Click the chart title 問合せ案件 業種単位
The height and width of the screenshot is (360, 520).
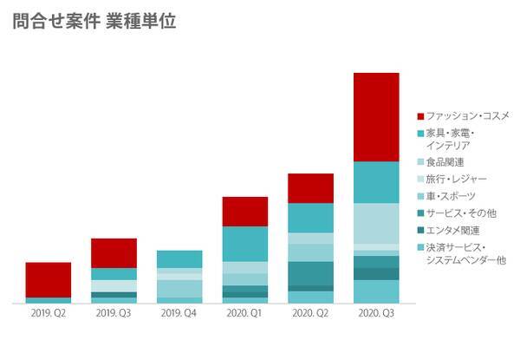[94, 22]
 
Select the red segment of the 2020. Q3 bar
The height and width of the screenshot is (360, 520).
[376, 117]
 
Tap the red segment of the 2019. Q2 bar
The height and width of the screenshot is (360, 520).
[49, 279]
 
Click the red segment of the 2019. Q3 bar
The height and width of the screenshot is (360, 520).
[114, 252]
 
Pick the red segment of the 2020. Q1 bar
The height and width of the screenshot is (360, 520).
[245, 212]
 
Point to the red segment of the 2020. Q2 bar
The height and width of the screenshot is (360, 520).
[310, 188]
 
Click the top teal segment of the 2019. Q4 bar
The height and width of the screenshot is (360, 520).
[179, 259]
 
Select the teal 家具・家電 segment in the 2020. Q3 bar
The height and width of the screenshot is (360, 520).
[376, 182]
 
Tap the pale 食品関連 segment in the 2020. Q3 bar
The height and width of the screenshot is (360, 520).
[376, 223]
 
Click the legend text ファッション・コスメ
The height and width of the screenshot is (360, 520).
[468, 115]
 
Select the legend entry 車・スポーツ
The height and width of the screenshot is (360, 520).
[451, 196]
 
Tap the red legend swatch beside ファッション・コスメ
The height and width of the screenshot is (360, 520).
[420, 116]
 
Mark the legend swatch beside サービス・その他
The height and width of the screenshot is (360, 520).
[420, 213]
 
